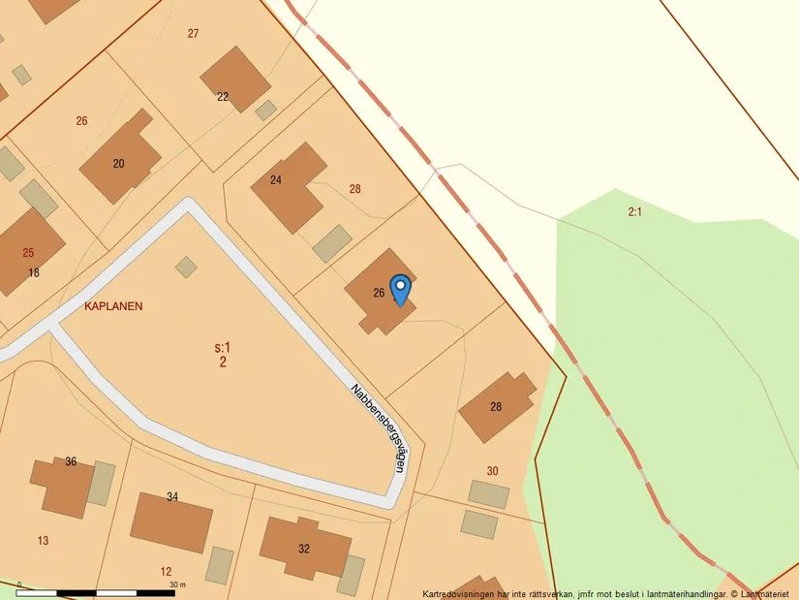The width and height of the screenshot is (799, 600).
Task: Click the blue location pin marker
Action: pos(399,289)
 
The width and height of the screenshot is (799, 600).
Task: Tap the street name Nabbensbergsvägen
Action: pos(378,427)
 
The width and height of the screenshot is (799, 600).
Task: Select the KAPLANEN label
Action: pos(113,306)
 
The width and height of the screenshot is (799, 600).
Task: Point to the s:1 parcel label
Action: pos(223,347)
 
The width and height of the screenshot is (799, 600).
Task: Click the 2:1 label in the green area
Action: pos(635,210)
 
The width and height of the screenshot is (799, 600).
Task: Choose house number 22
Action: pos(223,96)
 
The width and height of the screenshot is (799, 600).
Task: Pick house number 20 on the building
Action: pos(118,164)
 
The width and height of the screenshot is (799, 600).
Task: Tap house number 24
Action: pos(276,180)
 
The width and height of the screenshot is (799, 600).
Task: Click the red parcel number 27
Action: pos(194,34)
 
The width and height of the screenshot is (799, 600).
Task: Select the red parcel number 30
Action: pos(492,471)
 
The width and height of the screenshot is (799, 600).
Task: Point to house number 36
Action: pos(71,461)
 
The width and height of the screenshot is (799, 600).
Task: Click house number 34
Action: pos(172,497)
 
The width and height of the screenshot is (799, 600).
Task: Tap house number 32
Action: pos(304,549)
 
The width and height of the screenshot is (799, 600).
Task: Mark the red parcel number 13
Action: pos(43,541)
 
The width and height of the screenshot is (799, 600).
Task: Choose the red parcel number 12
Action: pos(166,572)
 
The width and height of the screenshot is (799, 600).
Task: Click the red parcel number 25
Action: pos(28,253)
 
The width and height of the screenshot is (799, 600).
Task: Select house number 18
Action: pos(34,273)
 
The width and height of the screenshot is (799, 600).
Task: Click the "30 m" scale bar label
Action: pos(178,585)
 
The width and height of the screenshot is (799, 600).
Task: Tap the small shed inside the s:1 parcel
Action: pos(186,267)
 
